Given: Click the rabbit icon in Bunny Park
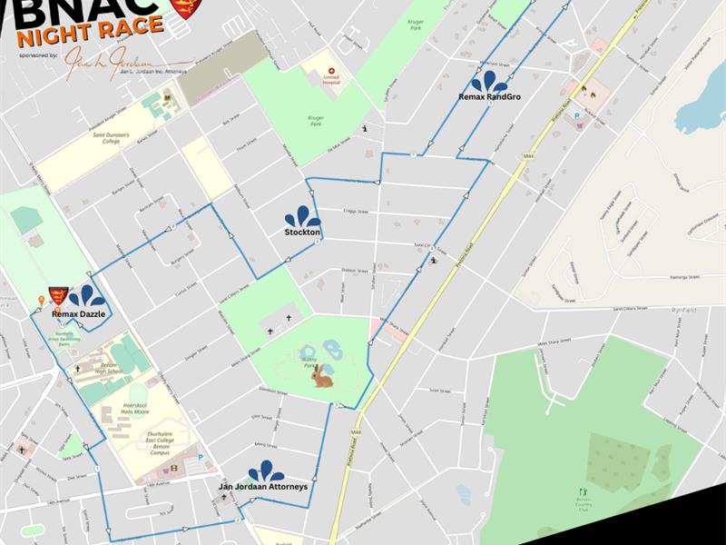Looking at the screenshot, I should coord(322,376).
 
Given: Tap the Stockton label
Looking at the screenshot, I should coord(302,233).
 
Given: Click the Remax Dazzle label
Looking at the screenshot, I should coord(78,313).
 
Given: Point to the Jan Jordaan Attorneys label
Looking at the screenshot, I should coord(263,487).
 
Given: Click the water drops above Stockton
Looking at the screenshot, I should coord(302,216).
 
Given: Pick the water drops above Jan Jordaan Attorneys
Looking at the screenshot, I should coord(266,471).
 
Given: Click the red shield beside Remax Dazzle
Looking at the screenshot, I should coord(58,296).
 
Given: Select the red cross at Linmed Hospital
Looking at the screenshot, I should coord(331,70).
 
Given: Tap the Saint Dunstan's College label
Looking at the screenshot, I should coord(99,139).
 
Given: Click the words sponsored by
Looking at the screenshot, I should coord(37,55).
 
